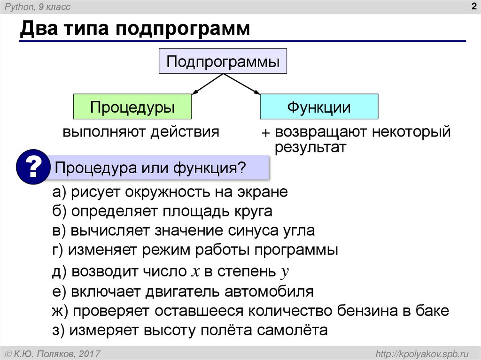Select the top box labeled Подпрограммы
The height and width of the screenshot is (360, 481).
223,61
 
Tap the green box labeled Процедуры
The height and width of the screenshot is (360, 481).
132,107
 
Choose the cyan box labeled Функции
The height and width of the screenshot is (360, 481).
319,107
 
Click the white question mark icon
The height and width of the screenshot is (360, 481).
33,168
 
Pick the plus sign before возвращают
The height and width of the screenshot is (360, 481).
266,133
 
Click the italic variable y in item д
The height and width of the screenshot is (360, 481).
284,272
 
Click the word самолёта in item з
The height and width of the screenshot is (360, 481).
292,330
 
